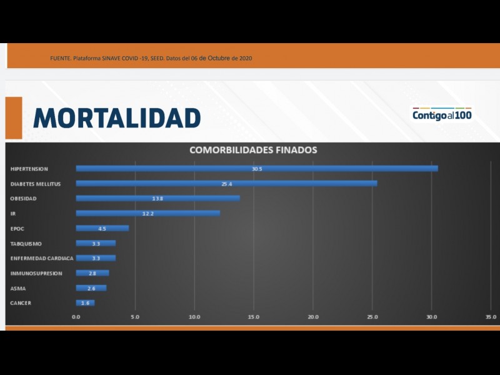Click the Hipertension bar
pos(257,168)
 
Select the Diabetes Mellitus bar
pos(226,183)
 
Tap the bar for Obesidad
pos(157,198)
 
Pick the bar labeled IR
pos(147,213)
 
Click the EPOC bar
pos(102,228)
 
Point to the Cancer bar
pos(85,303)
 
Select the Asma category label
pos(19,288)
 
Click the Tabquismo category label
pos(26,243)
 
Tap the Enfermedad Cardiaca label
pos(42,258)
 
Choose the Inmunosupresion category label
pos(36,273)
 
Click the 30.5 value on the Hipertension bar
pos(257,169)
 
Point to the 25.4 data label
pos(226,184)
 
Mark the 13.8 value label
pos(157,199)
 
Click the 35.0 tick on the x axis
pos(491,317)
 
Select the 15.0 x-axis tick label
pos(254,317)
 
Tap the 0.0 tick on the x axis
pos(76,317)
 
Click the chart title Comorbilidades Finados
pos(253,150)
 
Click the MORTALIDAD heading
pos(117,117)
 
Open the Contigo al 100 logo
pos(442,115)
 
